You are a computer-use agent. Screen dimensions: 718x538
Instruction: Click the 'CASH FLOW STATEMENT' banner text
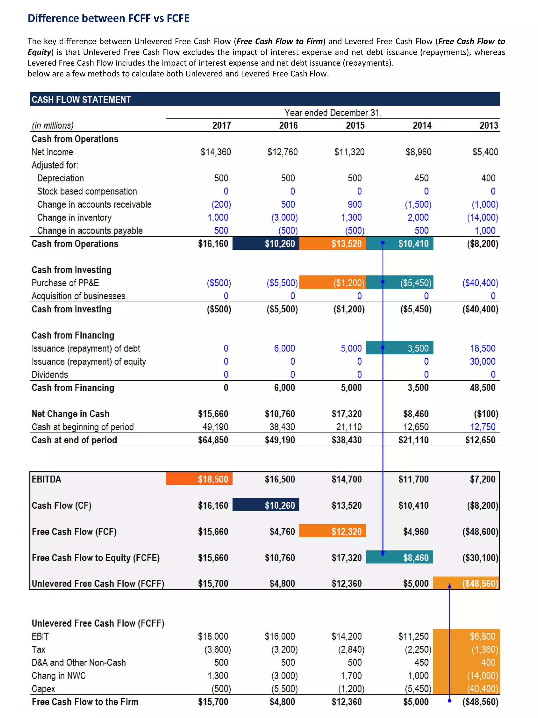click(x=81, y=100)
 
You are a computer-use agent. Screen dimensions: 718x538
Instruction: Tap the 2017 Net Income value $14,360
click(x=216, y=152)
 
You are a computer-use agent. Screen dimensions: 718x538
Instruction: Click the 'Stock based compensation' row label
click(x=87, y=191)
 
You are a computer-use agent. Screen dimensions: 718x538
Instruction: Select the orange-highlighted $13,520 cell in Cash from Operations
click(x=346, y=243)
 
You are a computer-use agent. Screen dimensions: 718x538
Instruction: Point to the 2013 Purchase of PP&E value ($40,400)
click(x=480, y=283)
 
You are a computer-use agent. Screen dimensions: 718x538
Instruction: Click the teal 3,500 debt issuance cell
click(x=418, y=348)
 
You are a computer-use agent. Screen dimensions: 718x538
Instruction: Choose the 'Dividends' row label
click(x=50, y=375)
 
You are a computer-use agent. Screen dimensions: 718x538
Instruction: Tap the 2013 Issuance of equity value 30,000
click(x=482, y=361)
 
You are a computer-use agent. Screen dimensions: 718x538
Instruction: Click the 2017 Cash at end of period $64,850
click(x=213, y=440)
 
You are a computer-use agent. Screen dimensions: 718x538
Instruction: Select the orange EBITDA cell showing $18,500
click(x=213, y=479)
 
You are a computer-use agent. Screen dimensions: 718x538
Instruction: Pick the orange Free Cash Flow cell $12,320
click(x=346, y=531)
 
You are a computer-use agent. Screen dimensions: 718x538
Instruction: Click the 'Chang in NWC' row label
click(x=58, y=675)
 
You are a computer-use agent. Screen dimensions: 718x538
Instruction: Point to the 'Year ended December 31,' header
click(x=333, y=113)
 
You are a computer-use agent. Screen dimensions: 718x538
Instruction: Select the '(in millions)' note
click(x=53, y=125)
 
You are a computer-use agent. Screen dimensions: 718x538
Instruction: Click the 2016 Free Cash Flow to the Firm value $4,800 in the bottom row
click(x=282, y=702)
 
